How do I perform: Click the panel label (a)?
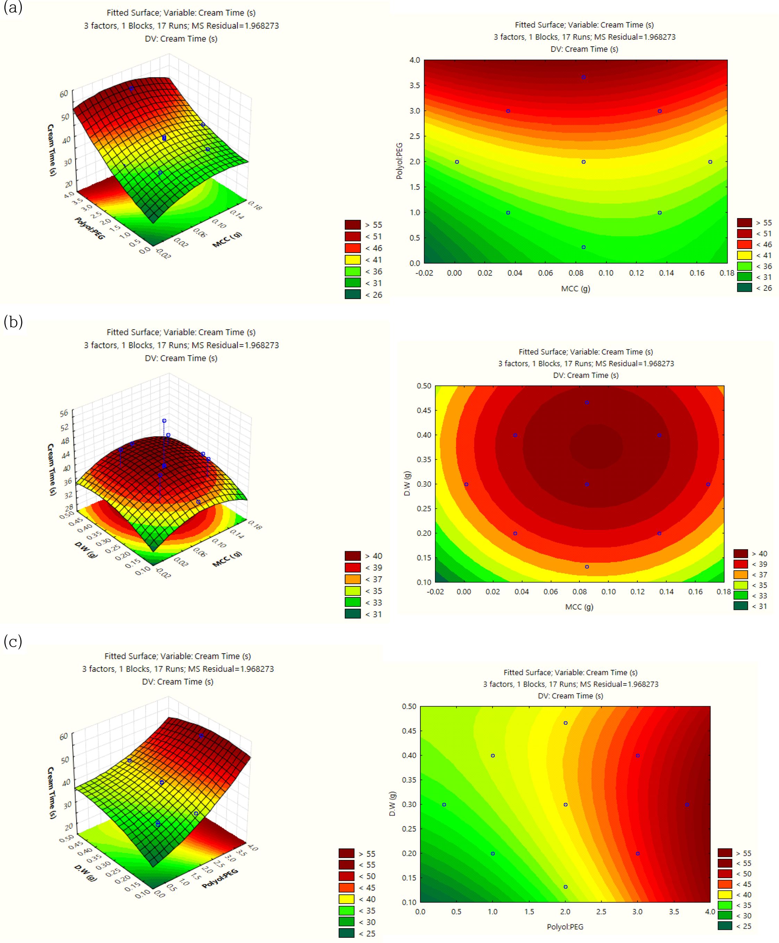tap(12, 8)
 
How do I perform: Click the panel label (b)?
tap(12, 322)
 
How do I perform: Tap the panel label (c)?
tap(12, 642)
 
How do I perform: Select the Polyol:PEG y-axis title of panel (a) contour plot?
tap(399, 161)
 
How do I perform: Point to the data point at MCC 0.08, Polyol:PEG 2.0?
tap(583, 162)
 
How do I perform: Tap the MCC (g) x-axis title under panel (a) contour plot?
tap(575, 289)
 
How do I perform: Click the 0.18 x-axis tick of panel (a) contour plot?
tap(727, 273)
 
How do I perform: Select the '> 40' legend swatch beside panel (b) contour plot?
tap(740, 554)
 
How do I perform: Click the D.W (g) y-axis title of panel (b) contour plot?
tap(407, 483)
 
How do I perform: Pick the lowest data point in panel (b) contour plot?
tap(586, 567)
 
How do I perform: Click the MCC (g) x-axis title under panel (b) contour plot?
tap(579, 607)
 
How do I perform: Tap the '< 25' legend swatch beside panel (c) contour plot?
tap(725, 926)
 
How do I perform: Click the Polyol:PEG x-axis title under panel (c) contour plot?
tap(565, 926)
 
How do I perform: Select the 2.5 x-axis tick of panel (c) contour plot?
tap(601, 911)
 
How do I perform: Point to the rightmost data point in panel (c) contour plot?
tap(687, 805)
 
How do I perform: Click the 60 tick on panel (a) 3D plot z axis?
tap(64, 93)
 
